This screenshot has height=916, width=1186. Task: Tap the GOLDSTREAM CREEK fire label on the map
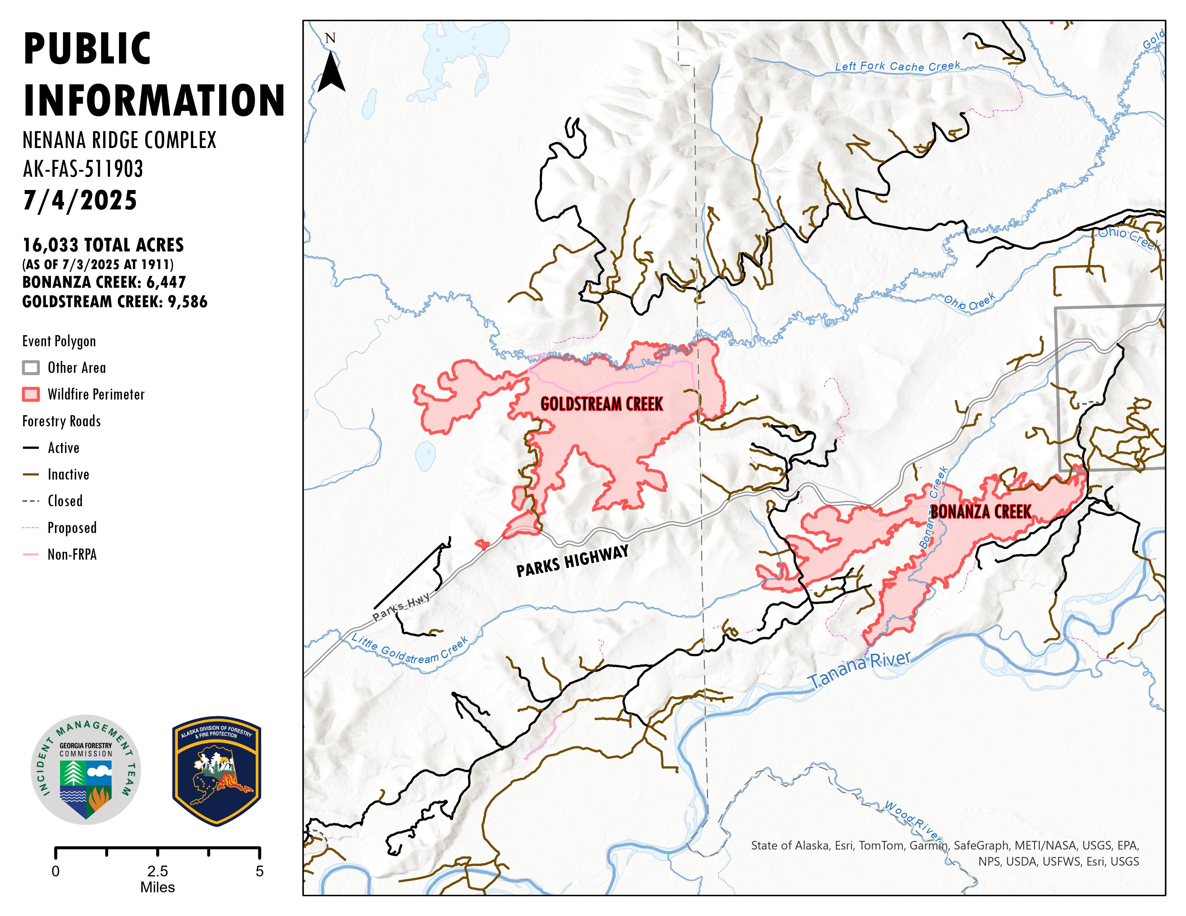tap(601, 404)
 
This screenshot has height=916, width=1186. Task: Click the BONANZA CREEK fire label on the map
tap(981, 512)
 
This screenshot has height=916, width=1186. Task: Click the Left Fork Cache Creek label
tap(897, 66)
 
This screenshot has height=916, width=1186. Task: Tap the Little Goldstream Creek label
tap(409, 649)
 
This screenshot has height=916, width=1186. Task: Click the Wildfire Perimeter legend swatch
tap(31, 394)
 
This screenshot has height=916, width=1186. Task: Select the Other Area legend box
tap(31, 367)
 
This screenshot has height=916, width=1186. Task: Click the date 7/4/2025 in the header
tap(80, 200)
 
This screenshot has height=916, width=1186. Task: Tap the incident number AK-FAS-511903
tap(83, 169)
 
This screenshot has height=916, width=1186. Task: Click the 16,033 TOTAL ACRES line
tap(103, 245)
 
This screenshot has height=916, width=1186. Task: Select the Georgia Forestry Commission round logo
tap(86, 769)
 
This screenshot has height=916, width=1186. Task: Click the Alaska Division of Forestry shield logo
tap(217, 771)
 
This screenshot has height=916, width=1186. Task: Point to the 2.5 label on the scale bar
tap(157, 871)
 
